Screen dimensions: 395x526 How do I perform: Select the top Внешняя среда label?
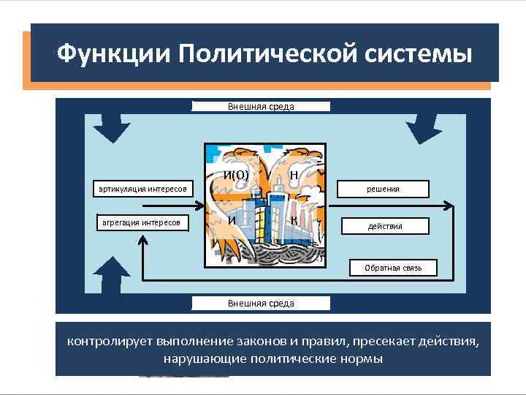[261, 107]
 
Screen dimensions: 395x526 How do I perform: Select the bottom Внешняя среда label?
[261, 303]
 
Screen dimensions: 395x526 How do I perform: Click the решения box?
[383, 189]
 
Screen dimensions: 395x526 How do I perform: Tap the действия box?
[385, 226]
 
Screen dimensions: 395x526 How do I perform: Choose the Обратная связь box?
[393, 268]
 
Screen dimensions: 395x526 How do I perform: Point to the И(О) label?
[237, 175]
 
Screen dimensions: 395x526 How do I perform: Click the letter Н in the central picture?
[293, 175]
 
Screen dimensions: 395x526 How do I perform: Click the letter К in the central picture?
[293, 220]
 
